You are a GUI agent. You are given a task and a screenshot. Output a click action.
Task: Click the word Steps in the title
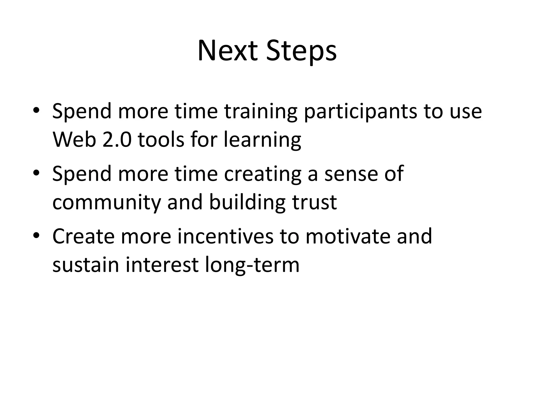coord(301,52)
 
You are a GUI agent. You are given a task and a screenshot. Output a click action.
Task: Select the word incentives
coord(226,236)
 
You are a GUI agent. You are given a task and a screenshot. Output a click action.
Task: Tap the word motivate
coord(348,236)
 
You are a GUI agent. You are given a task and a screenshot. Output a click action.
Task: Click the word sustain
coord(86,265)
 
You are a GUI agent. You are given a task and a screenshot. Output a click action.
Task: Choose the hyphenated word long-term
coord(252,265)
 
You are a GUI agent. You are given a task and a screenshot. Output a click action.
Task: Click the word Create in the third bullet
coord(83,236)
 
